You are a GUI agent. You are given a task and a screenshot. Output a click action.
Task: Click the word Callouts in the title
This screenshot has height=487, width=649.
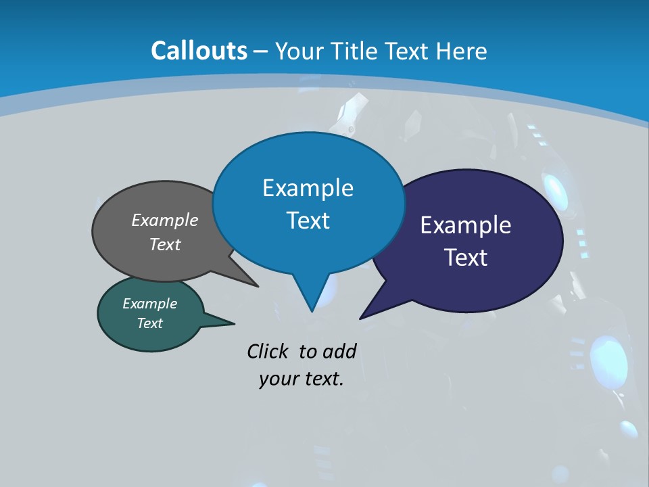coord(199,51)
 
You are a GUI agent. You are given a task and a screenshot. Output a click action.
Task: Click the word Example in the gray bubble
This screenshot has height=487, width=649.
coord(165,220)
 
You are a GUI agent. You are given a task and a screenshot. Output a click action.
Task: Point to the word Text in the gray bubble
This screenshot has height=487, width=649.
coord(165,244)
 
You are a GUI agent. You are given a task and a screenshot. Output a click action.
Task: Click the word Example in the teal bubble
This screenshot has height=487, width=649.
coord(149,304)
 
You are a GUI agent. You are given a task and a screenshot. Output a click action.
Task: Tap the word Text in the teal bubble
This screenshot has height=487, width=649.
coord(149,323)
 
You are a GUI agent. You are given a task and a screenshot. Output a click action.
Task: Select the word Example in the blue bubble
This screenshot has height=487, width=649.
coord(308,187)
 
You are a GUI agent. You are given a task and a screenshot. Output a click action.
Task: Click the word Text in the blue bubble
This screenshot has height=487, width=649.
coord(308,221)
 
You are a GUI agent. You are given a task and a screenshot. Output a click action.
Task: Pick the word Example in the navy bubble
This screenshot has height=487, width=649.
coord(466,225)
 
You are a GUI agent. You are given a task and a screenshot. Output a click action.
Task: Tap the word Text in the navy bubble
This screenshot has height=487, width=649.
coord(466,258)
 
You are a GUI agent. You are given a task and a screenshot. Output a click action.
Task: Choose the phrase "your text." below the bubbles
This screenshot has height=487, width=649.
coord(301,379)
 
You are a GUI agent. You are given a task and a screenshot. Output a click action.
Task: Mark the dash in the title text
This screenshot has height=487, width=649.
coord(262,51)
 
